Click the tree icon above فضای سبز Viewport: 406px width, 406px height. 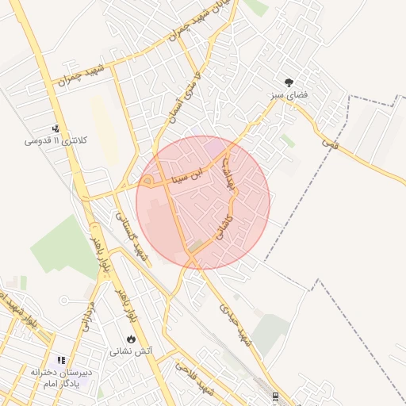289,82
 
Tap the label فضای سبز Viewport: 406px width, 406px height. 289,95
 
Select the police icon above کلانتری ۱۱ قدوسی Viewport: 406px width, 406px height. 56,128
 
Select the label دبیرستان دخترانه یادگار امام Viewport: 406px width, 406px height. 62,377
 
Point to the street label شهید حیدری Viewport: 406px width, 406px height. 237,325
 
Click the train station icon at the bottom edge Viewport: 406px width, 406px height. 275,396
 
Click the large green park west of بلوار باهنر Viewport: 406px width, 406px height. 65,246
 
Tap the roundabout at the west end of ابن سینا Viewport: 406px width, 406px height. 147,182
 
